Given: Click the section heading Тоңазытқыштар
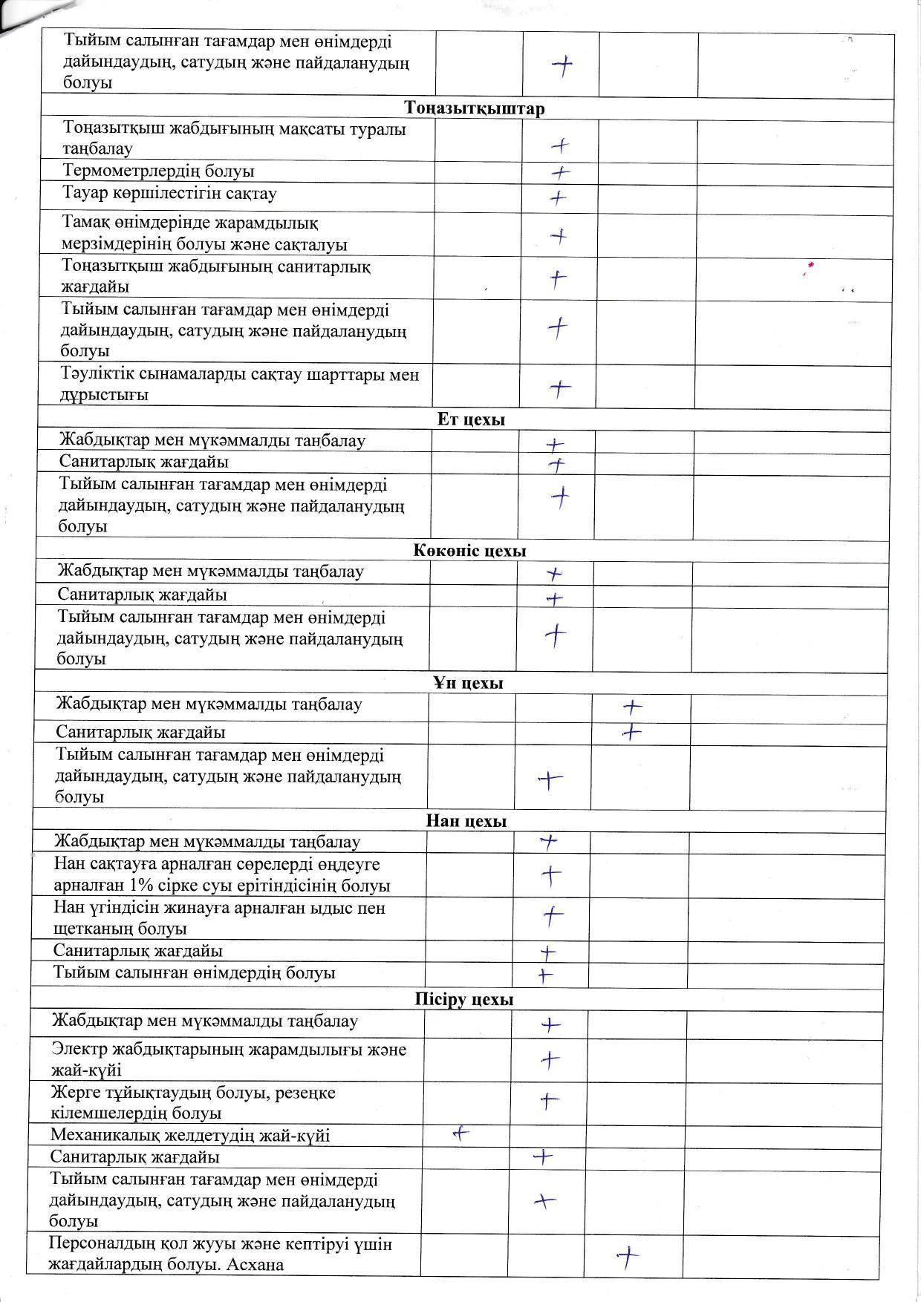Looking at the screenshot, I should pos(475,108).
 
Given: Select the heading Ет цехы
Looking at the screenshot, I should pos(471,419).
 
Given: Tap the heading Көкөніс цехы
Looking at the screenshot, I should pos(469,551).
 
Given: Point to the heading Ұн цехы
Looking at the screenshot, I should pos(468,683).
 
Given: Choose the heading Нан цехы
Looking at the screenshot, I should pos(466,821).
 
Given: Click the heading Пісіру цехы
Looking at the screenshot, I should pos(464,1000).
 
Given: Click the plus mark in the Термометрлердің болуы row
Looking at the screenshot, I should pos(561,173).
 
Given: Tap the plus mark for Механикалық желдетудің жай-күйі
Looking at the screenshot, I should pos(461,1133).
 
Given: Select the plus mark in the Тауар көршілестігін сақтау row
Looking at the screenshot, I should pos(558,198).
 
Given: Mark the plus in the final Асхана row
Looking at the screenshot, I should pos(628,1257).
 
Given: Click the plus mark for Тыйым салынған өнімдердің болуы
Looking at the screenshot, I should pos(546,975).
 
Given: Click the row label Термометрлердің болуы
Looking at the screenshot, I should pos(159,171).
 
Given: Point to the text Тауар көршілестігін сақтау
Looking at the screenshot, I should pos(170,194).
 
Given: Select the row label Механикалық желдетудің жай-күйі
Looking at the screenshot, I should pos(190,1136).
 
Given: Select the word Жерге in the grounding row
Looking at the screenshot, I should pos(74,1093).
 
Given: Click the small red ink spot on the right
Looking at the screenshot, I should pos(811,264).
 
